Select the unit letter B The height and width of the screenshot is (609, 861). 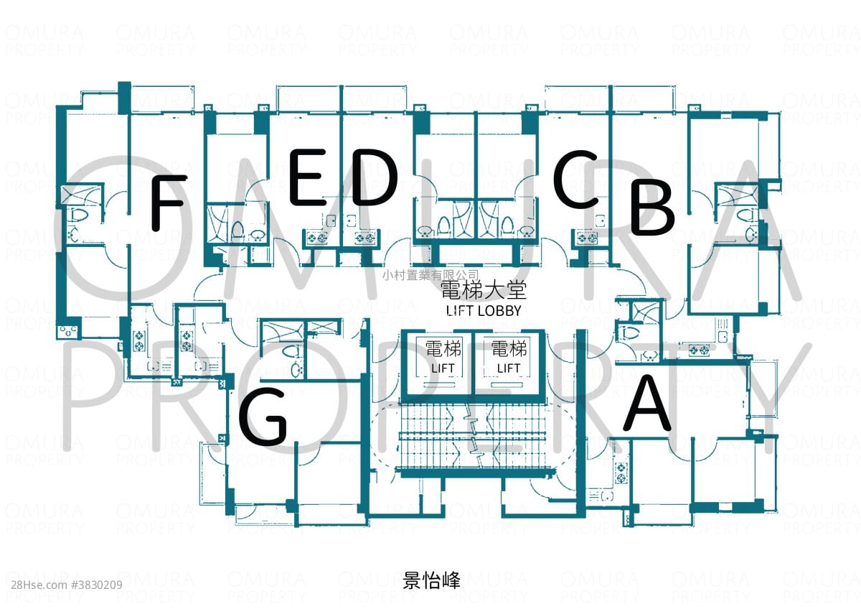pyautogui.click(x=652, y=207)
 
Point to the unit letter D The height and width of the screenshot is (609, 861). pyautogui.click(x=375, y=177)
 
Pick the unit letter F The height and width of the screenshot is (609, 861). pyautogui.click(x=169, y=203)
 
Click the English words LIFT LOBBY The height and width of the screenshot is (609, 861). pyautogui.click(x=484, y=311)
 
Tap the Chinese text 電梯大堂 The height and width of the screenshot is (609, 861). pyautogui.click(x=483, y=289)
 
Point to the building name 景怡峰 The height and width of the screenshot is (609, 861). pyautogui.click(x=431, y=580)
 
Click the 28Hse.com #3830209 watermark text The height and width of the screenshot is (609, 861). pyautogui.click(x=67, y=585)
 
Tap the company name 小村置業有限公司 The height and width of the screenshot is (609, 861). pyautogui.click(x=430, y=274)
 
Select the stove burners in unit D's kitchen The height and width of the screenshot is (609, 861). pyautogui.click(x=364, y=238)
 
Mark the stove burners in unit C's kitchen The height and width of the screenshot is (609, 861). pyautogui.click(x=587, y=238)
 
